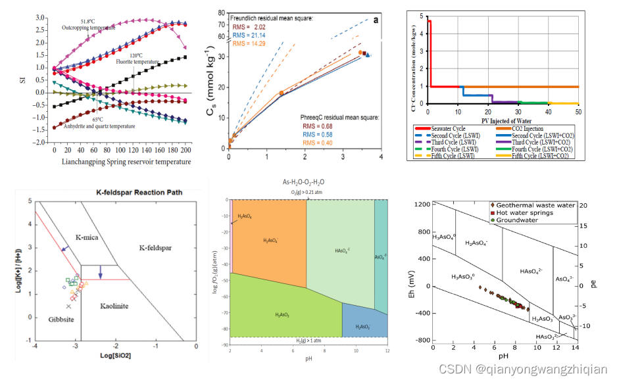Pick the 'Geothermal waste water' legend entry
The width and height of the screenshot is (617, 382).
pyautogui.click(x=537, y=205)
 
